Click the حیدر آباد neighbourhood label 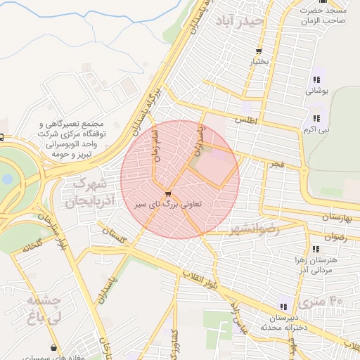[240, 21]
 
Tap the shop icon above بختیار [259, 51]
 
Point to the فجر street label [276, 164]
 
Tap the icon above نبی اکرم [316, 118]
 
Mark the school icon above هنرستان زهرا [316, 249]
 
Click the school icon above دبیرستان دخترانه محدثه [283, 307]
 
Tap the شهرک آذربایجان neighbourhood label [90, 193]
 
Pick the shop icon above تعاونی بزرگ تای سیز [167, 194]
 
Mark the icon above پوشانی [316, 79]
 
